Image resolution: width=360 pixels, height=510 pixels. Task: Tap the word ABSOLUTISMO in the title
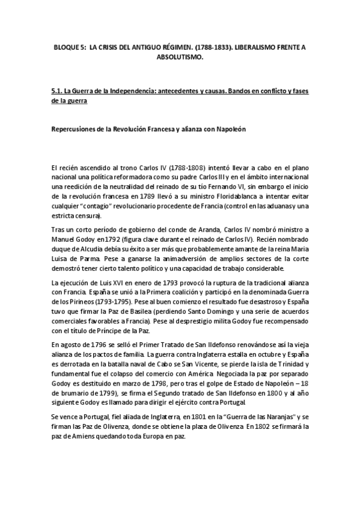[x=180, y=58]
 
